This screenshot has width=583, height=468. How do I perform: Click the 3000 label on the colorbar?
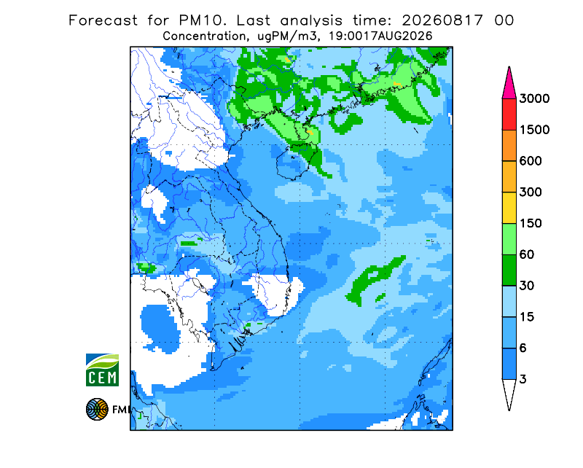pos(534,98)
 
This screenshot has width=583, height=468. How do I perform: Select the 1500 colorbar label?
pos(534,130)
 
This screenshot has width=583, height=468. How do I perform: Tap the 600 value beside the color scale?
pos(531,161)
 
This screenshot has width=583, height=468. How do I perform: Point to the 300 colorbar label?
pos(531,192)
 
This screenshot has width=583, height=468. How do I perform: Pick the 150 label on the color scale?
pos(531,224)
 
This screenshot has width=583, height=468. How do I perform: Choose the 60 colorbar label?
pos(527,255)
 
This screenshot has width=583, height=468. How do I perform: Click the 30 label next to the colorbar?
pos(527,286)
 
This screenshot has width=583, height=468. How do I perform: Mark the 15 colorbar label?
pos(527,317)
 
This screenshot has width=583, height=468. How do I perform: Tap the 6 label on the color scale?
pos(523,348)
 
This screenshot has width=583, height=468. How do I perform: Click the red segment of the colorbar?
pos(509,114)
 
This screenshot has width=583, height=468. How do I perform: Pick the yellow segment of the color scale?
pos(509,208)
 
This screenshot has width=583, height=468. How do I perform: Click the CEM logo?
pos(102,370)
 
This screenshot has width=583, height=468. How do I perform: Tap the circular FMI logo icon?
pos(97,409)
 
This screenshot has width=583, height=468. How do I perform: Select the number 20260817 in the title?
pos(442,20)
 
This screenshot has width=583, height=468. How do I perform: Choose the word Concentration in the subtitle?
pos(205,36)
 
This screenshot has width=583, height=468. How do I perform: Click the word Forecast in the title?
pos(103,20)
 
